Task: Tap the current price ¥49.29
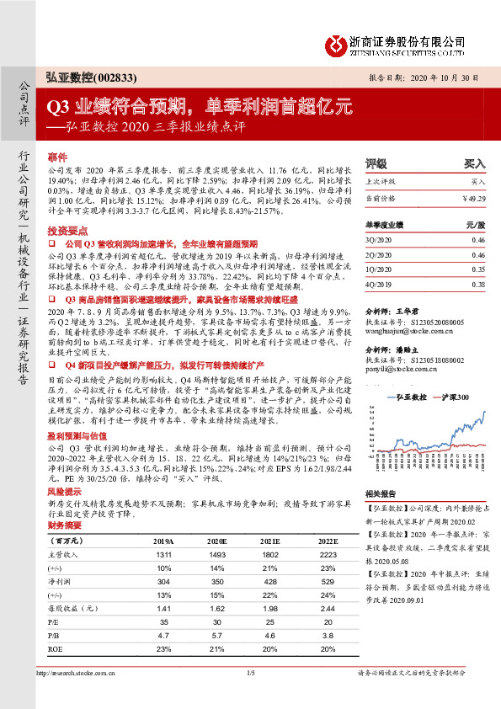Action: [473, 197]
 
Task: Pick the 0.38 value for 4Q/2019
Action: [477, 285]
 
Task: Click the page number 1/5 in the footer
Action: [251, 672]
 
